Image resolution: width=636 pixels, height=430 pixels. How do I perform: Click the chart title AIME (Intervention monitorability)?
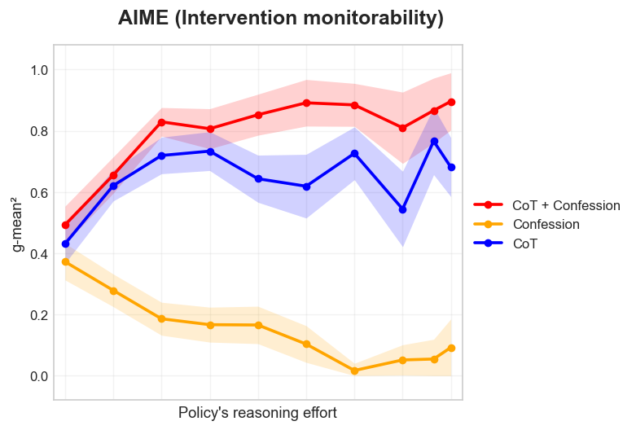point(281,19)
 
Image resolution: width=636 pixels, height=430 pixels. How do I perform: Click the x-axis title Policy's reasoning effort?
point(257,413)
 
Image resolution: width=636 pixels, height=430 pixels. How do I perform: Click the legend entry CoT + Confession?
point(566,205)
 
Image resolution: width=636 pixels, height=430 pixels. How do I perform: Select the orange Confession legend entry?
point(546,224)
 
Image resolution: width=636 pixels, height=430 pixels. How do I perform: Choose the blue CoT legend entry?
point(524,244)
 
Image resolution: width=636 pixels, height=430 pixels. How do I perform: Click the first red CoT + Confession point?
point(65,225)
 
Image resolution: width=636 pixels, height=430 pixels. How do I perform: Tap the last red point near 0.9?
point(451,102)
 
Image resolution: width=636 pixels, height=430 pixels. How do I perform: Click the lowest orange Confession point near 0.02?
point(355,371)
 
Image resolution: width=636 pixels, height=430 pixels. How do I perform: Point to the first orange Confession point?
point(65,261)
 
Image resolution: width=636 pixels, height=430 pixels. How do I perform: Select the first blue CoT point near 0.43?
point(65,244)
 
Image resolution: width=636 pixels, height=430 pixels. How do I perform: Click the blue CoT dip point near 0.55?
point(402,209)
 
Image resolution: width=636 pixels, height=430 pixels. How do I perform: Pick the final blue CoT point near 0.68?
point(451,167)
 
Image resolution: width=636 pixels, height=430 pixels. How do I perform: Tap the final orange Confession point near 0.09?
point(451,348)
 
